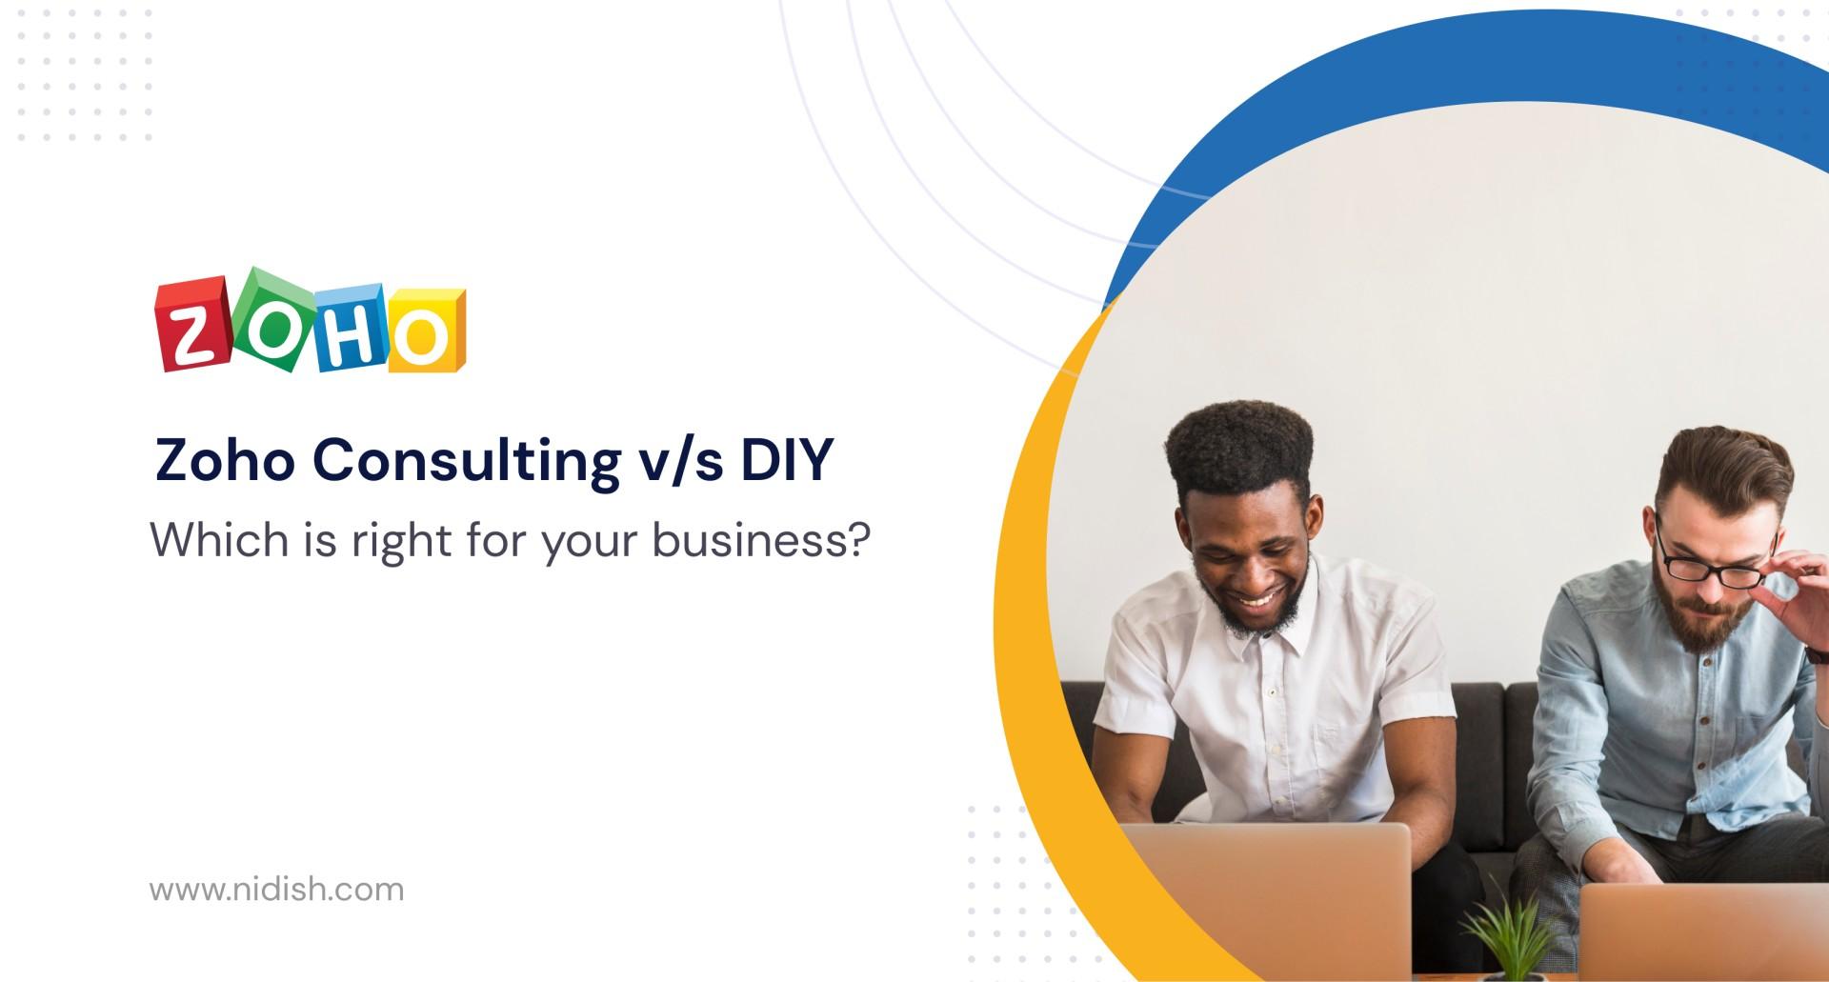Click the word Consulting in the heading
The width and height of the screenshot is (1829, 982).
[466, 463]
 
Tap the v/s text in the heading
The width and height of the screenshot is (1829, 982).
[681, 462]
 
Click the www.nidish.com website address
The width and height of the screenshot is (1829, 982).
[276, 890]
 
